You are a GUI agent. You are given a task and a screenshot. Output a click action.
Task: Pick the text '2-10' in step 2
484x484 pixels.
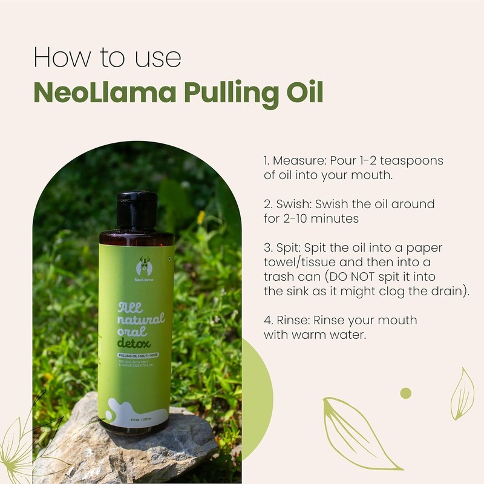click(x=297, y=218)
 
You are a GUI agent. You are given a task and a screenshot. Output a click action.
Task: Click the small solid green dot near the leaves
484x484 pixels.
click(x=405, y=393)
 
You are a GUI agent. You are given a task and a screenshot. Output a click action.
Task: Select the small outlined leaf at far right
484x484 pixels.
click(x=462, y=394)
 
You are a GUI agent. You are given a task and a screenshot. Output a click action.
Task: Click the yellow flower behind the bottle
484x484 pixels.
click(x=201, y=217)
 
